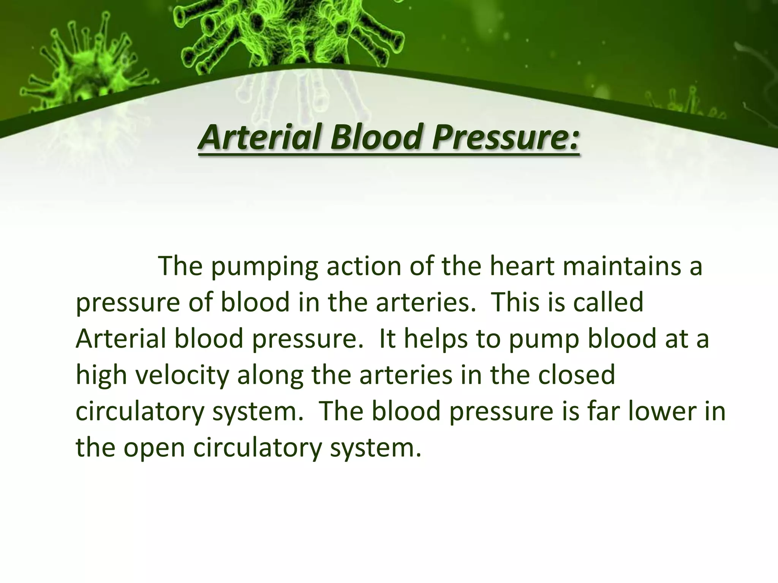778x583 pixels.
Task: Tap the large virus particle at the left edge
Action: [65, 68]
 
